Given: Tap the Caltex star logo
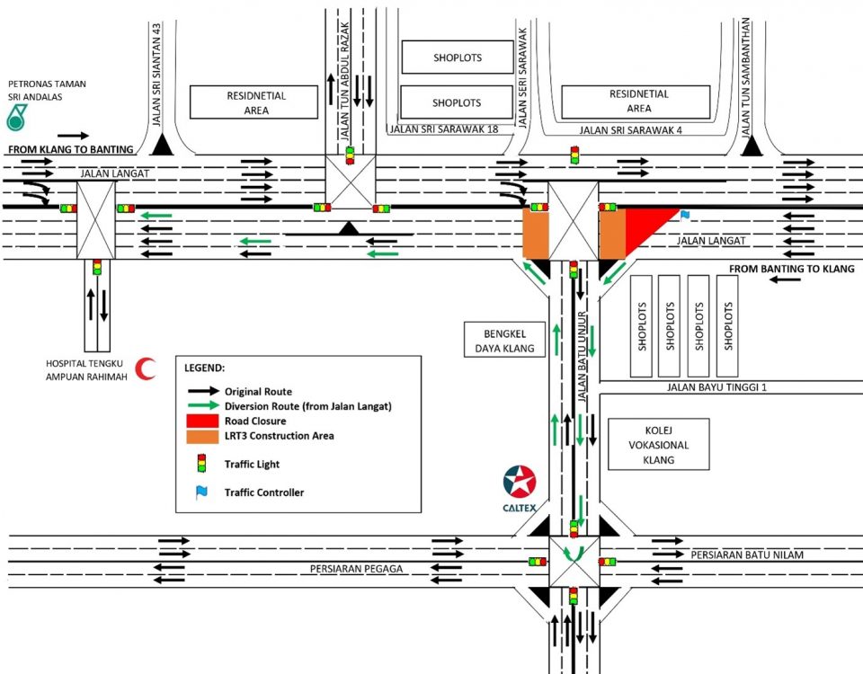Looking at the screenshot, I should [x=520, y=483].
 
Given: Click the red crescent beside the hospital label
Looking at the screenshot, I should [x=145, y=368].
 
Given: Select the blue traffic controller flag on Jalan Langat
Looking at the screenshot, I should [x=685, y=216].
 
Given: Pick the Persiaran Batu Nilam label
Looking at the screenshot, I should [x=746, y=555].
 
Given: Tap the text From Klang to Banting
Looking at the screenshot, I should [x=70, y=148].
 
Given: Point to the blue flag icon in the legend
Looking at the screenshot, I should [x=202, y=492].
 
